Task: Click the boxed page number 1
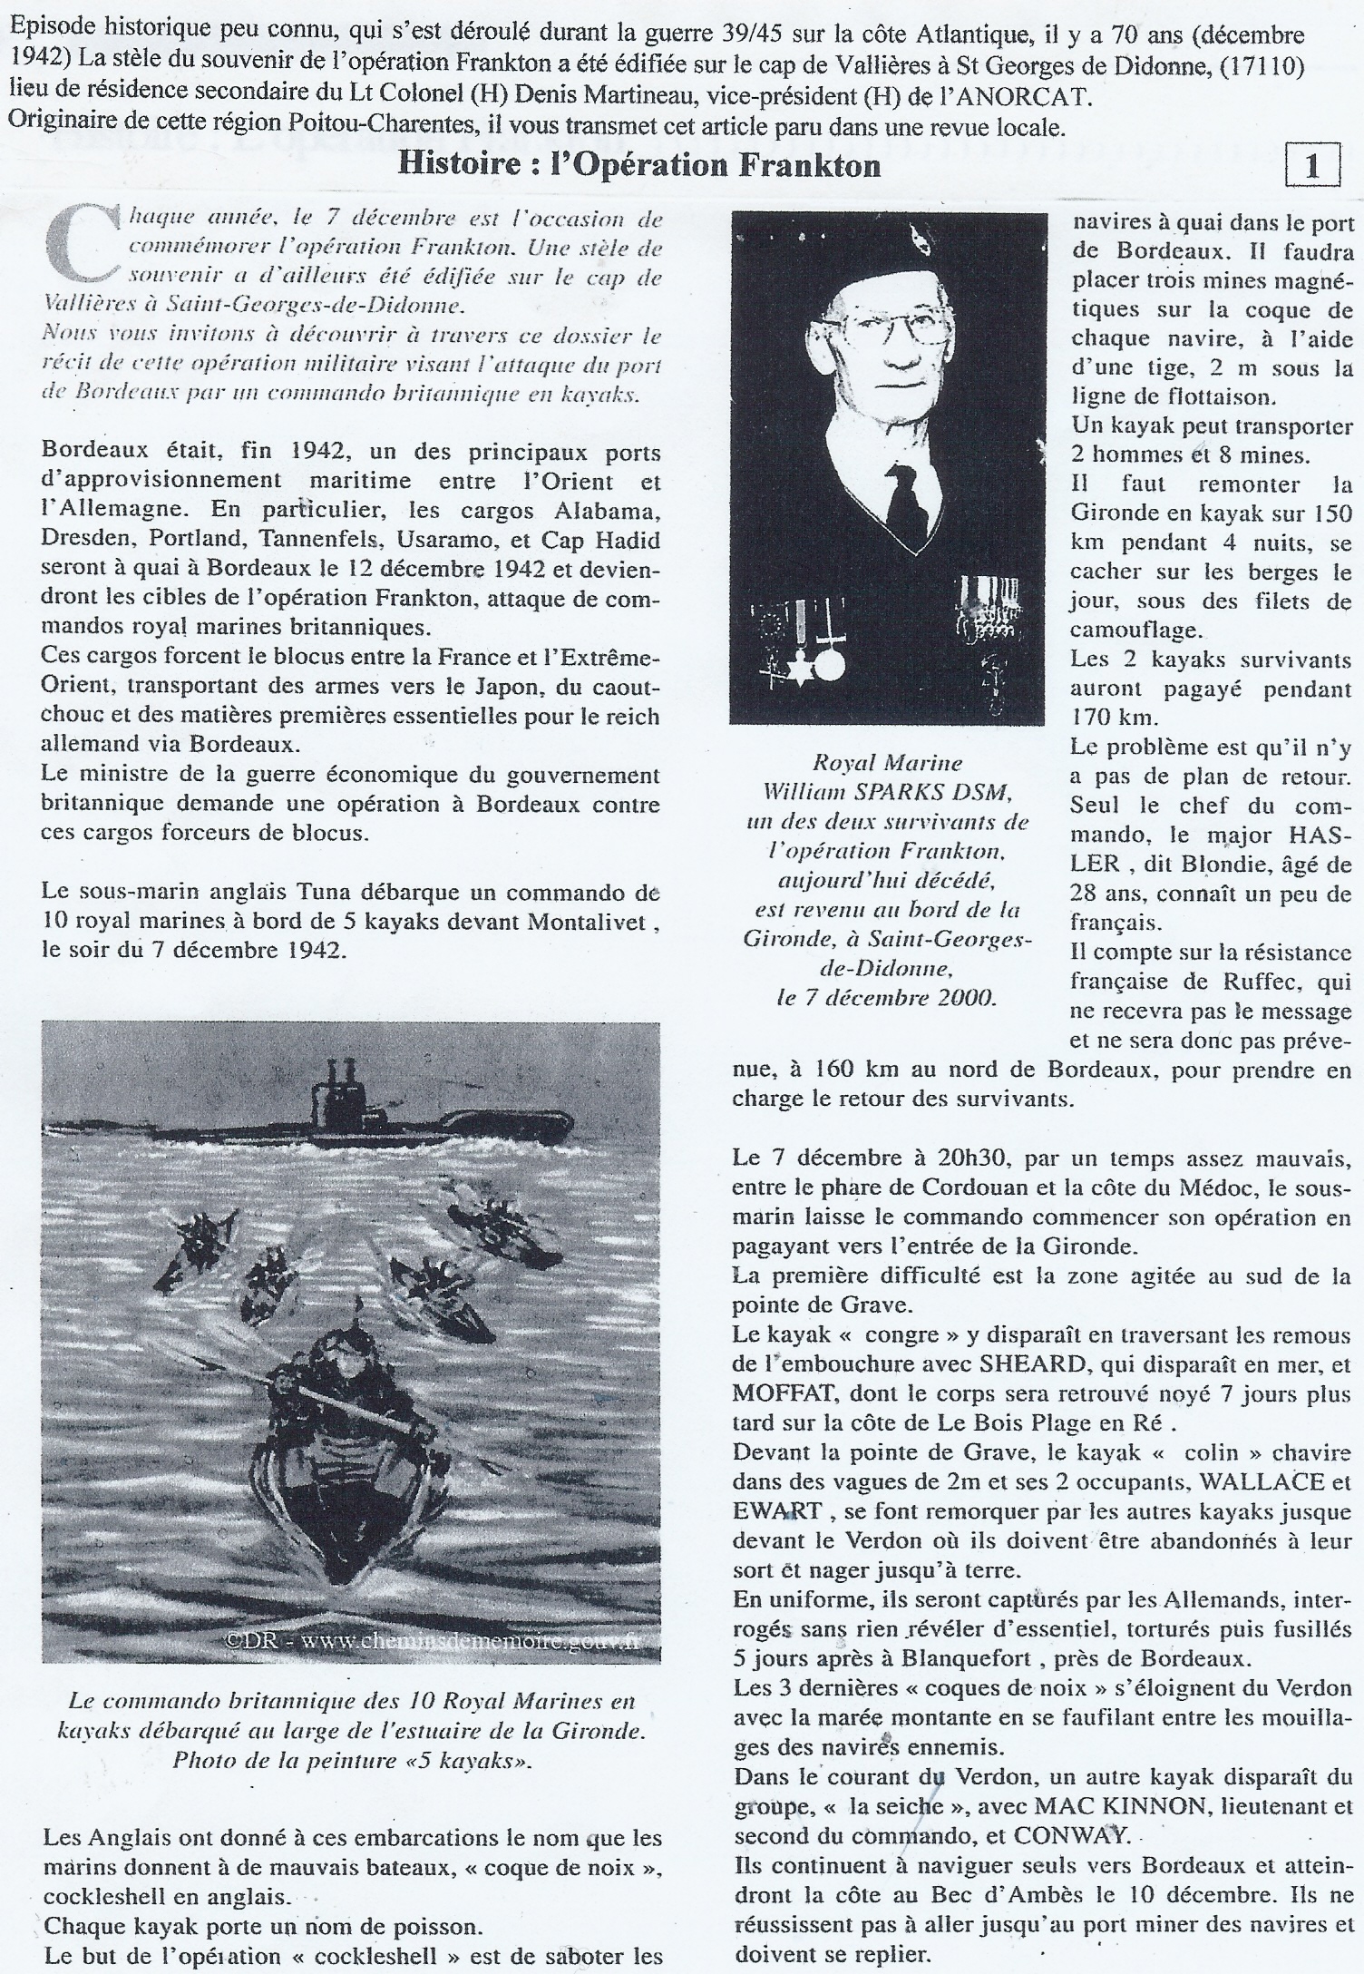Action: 1311,166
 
